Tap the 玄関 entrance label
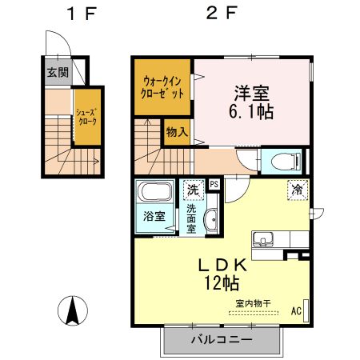[57, 72]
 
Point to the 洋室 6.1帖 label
[253, 102]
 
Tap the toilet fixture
[282, 162]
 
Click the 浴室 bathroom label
[153, 217]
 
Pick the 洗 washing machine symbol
[192, 190]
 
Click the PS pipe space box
[214, 184]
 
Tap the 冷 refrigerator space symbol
[297, 190]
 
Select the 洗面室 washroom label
[192, 218]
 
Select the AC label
[296, 310]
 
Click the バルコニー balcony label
[222, 340]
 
